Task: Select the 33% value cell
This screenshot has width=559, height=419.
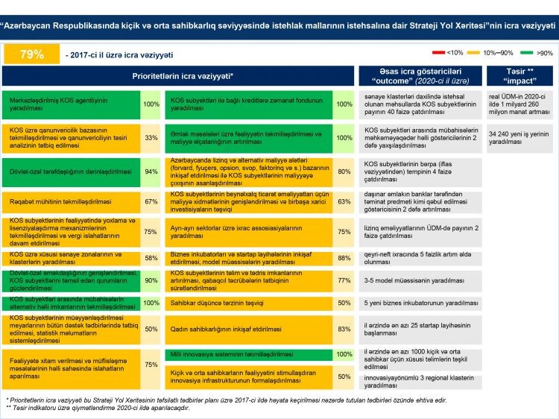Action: [151, 137]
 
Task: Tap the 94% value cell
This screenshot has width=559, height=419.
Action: [151, 171]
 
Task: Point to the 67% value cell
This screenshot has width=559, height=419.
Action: [151, 201]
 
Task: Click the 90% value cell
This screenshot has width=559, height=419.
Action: [151, 280]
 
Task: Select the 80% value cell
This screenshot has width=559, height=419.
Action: [344, 171]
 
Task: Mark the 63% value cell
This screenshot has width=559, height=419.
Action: [344, 201]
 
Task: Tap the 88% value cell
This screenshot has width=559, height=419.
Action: [344, 258]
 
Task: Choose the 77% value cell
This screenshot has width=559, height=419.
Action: [344, 281]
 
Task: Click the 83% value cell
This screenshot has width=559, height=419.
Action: [344, 328]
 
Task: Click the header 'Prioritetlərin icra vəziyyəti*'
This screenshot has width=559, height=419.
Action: [178, 76]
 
